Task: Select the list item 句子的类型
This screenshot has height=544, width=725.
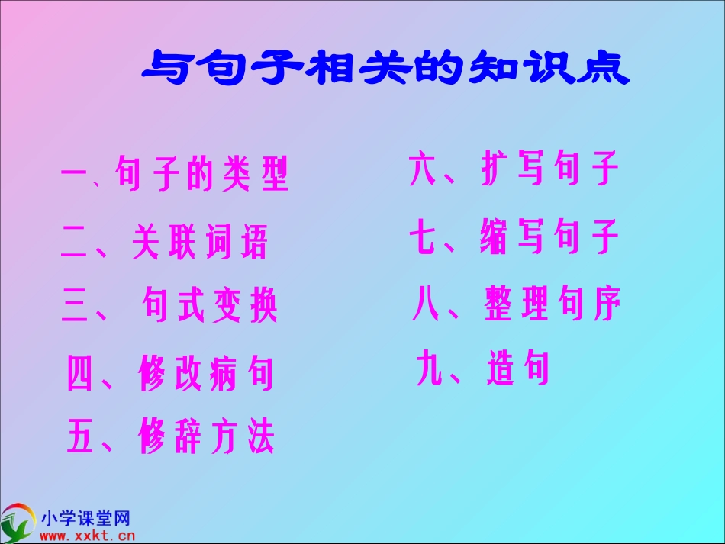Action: coord(202,175)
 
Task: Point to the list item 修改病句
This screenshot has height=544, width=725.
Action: coord(206,373)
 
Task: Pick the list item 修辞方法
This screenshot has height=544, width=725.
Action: coord(206,437)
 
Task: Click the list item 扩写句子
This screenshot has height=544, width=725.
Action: coord(550,169)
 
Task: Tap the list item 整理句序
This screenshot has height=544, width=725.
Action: coord(553,303)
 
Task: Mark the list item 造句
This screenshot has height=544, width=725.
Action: coord(518,369)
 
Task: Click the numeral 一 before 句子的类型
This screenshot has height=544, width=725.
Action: coord(76,176)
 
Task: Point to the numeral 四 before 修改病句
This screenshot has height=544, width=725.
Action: coord(80,374)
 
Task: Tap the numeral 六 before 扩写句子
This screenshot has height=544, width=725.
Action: coord(423,169)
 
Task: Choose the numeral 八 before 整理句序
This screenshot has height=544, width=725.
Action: coord(425,304)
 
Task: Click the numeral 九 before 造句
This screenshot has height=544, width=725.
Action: coord(430,369)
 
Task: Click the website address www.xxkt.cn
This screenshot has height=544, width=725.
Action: coord(86,536)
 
